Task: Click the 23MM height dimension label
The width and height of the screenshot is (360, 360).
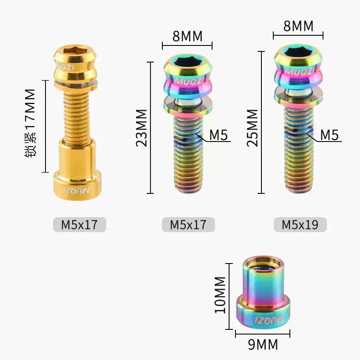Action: (x=142, y=128)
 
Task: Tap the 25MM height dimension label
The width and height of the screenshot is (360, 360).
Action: (x=252, y=128)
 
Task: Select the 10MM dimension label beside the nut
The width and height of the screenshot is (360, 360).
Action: (x=220, y=295)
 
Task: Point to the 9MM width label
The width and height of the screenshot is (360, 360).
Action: (x=263, y=344)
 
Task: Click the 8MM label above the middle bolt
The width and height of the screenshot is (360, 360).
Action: (x=187, y=36)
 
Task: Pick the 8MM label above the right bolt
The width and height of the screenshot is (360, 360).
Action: (x=298, y=26)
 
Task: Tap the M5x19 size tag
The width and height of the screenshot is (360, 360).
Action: (x=300, y=224)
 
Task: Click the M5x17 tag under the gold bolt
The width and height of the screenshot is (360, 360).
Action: (x=79, y=224)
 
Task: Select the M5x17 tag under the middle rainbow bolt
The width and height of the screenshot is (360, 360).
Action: (x=188, y=224)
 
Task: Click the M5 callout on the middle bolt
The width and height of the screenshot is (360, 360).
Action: (x=218, y=135)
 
